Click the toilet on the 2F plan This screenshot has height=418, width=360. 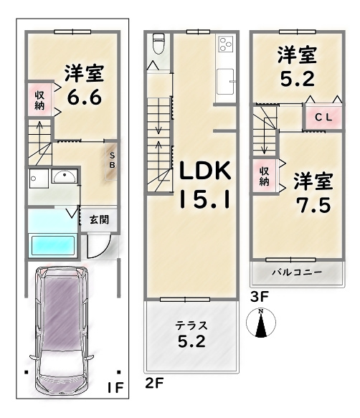coord(159,44)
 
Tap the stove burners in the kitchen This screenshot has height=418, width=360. coord(226,44)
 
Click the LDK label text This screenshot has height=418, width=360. coord(205,171)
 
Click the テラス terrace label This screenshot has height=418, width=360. coord(191,326)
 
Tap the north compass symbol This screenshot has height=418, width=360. coord(261,323)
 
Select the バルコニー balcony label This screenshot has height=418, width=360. coord(297,272)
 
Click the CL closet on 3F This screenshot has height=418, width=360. coord(323,118)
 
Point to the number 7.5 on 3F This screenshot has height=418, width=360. coord(313,205)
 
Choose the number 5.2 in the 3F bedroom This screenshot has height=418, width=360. coord(297,79)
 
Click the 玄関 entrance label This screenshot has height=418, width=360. coord(99,220)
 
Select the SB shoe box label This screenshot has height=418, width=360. coord(113,160)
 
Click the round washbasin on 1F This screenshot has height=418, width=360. coord(65,176)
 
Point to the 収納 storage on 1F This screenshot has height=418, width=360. coord(40,100)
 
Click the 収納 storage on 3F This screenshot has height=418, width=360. coord(265,176)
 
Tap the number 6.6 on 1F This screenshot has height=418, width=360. coord(85,98)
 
